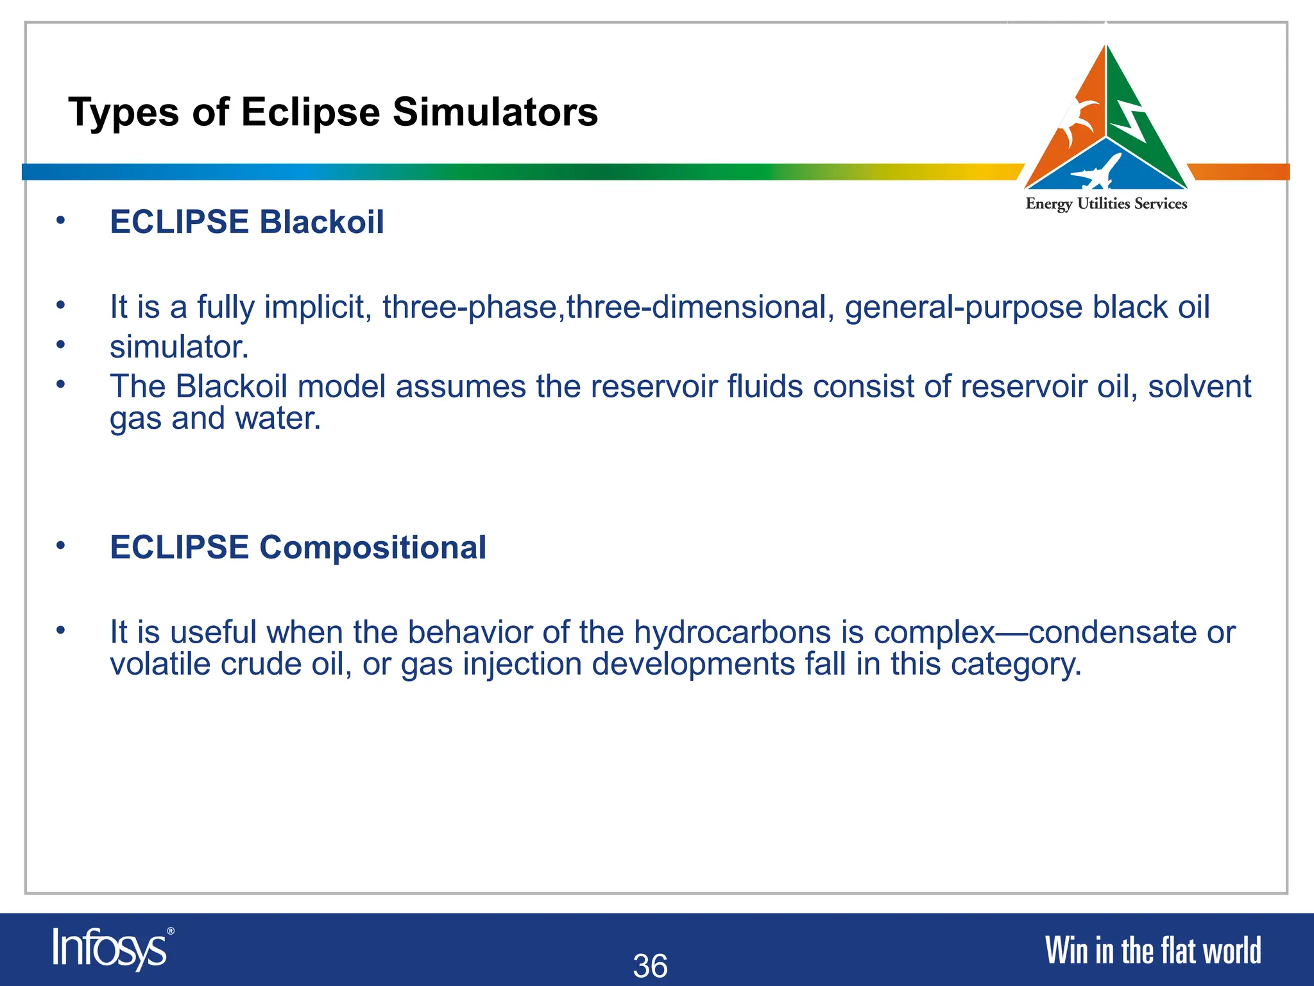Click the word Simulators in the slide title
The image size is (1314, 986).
click(495, 112)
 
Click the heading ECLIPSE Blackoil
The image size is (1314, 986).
click(247, 222)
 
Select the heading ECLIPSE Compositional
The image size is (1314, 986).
click(298, 548)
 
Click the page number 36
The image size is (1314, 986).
click(650, 965)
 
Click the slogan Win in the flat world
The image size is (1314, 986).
click(1152, 951)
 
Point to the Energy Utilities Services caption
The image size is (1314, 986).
click(1106, 204)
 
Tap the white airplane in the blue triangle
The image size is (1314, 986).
click(1096, 172)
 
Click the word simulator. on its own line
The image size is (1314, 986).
click(179, 347)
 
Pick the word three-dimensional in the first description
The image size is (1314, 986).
click(700, 307)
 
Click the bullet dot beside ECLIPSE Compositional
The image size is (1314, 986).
click(60, 546)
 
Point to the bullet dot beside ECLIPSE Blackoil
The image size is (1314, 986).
click(60, 220)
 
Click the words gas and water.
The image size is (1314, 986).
click(215, 419)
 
